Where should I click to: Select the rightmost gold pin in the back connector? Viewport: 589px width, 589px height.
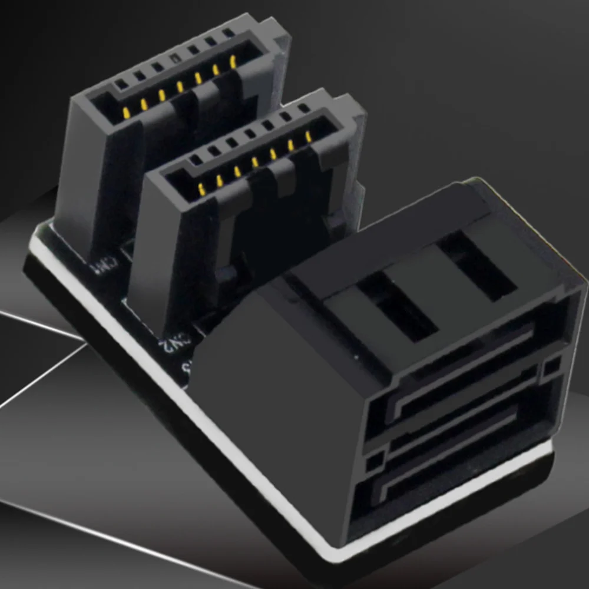point(233,61)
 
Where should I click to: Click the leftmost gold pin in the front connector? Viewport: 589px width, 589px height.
point(201,189)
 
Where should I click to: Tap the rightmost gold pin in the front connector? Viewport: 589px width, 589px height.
point(307,137)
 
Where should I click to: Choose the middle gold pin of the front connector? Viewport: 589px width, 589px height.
point(255,162)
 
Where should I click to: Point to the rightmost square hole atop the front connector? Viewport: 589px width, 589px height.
point(304,108)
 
